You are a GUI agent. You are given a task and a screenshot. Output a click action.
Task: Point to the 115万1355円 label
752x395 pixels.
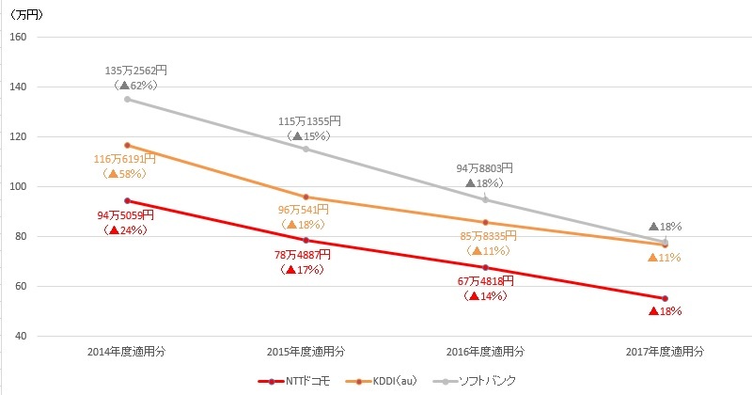tap(309, 121)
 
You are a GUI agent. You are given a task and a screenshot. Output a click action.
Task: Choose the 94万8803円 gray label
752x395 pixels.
tap(484, 168)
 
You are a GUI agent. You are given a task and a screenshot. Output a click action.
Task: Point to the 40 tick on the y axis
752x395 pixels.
tap(20, 336)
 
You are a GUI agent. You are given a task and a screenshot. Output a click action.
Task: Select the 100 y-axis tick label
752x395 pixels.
tap(17, 186)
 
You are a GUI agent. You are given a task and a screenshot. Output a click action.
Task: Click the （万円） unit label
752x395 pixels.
tap(27, 15)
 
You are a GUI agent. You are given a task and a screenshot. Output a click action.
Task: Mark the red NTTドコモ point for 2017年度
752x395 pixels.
tap(666, 298)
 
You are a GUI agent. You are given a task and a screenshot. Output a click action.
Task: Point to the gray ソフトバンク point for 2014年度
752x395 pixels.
tap(126, 99)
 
